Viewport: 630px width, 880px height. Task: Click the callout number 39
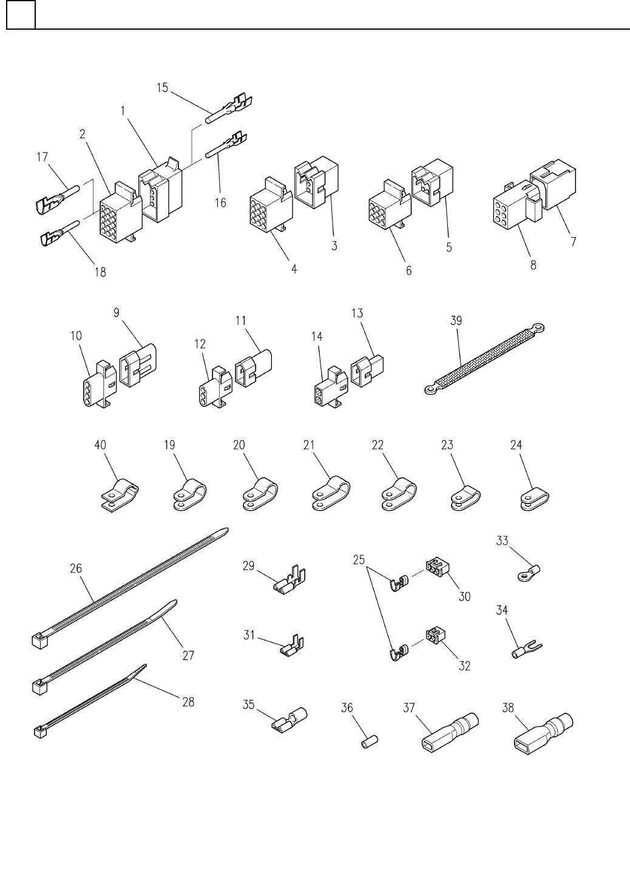coord(456,321)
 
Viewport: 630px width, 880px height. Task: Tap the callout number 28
coord(188,702)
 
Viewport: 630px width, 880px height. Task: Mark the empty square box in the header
coord(21,14)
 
